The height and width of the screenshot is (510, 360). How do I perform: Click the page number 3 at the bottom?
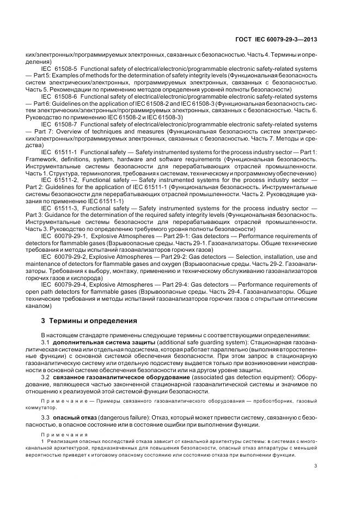tap(316, 465)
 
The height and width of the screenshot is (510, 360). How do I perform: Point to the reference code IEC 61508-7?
tap(58, 124)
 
